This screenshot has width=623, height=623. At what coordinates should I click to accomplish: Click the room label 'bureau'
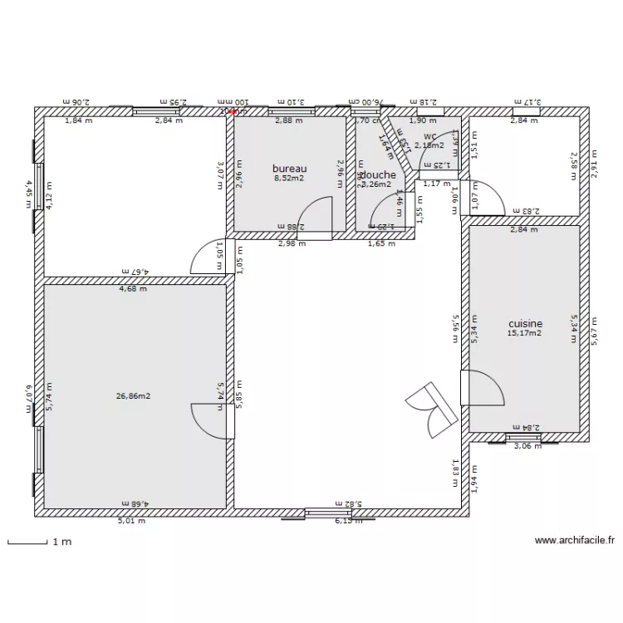(289, 169)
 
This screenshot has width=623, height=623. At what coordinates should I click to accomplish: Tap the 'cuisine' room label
(525, 324)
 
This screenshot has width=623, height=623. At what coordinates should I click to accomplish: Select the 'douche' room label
(378, 175)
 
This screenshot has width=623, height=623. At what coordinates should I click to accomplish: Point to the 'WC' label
(429, 136)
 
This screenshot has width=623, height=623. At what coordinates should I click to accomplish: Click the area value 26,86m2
(133, 396)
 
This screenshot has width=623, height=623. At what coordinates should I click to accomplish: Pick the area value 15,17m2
(524, 334)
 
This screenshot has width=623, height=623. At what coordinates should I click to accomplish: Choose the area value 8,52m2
(289, 178)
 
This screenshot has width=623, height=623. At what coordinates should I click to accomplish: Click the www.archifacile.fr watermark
(574, 540)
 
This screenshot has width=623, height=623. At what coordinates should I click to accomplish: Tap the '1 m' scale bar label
(62, 542)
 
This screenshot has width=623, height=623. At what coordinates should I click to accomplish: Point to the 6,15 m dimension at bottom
(348, 521)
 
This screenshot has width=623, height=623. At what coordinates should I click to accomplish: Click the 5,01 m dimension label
(131, 521)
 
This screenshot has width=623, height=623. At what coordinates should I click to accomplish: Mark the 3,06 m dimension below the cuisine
(527, 446)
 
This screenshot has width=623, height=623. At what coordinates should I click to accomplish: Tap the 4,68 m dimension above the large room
(133, 289)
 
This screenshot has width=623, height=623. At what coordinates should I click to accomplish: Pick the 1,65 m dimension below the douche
(382, 244)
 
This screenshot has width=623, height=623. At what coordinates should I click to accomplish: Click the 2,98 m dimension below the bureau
(292, 244)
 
